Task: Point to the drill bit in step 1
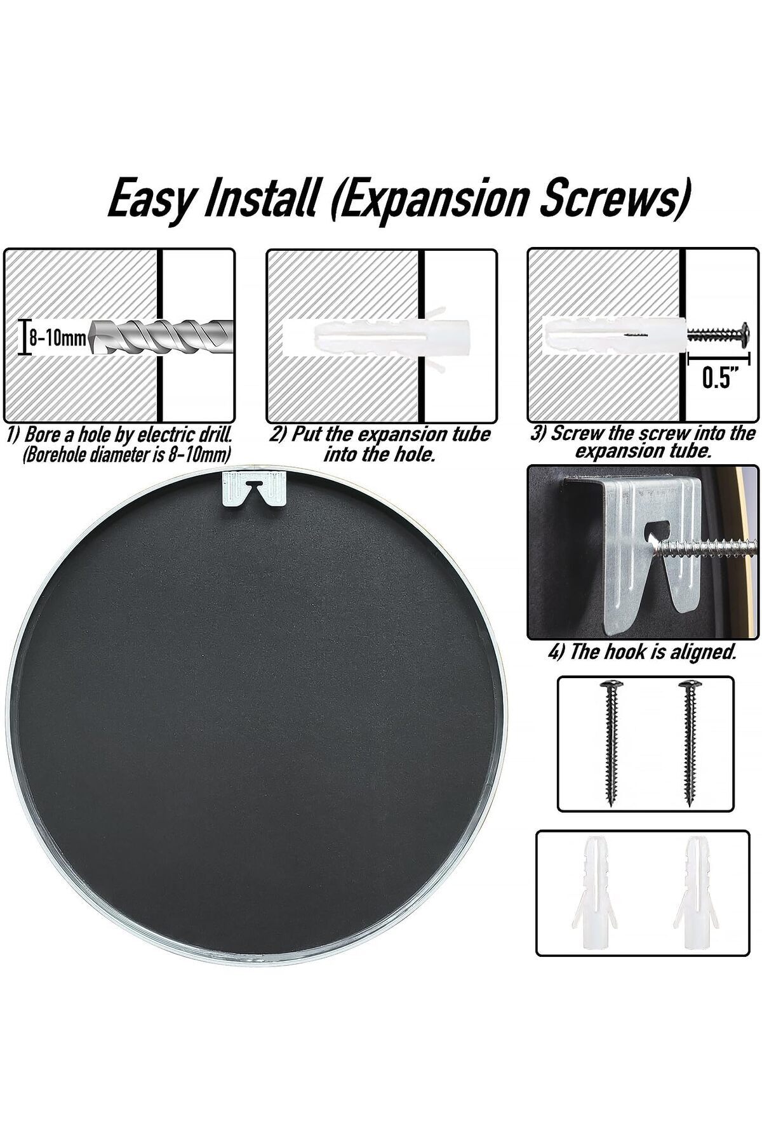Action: click(x=161, y=337)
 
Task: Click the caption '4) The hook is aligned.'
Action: click(x=642, y=652)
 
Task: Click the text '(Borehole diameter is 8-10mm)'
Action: click(x=126, y=455)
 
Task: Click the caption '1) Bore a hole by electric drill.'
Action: click(x=119, y=436)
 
